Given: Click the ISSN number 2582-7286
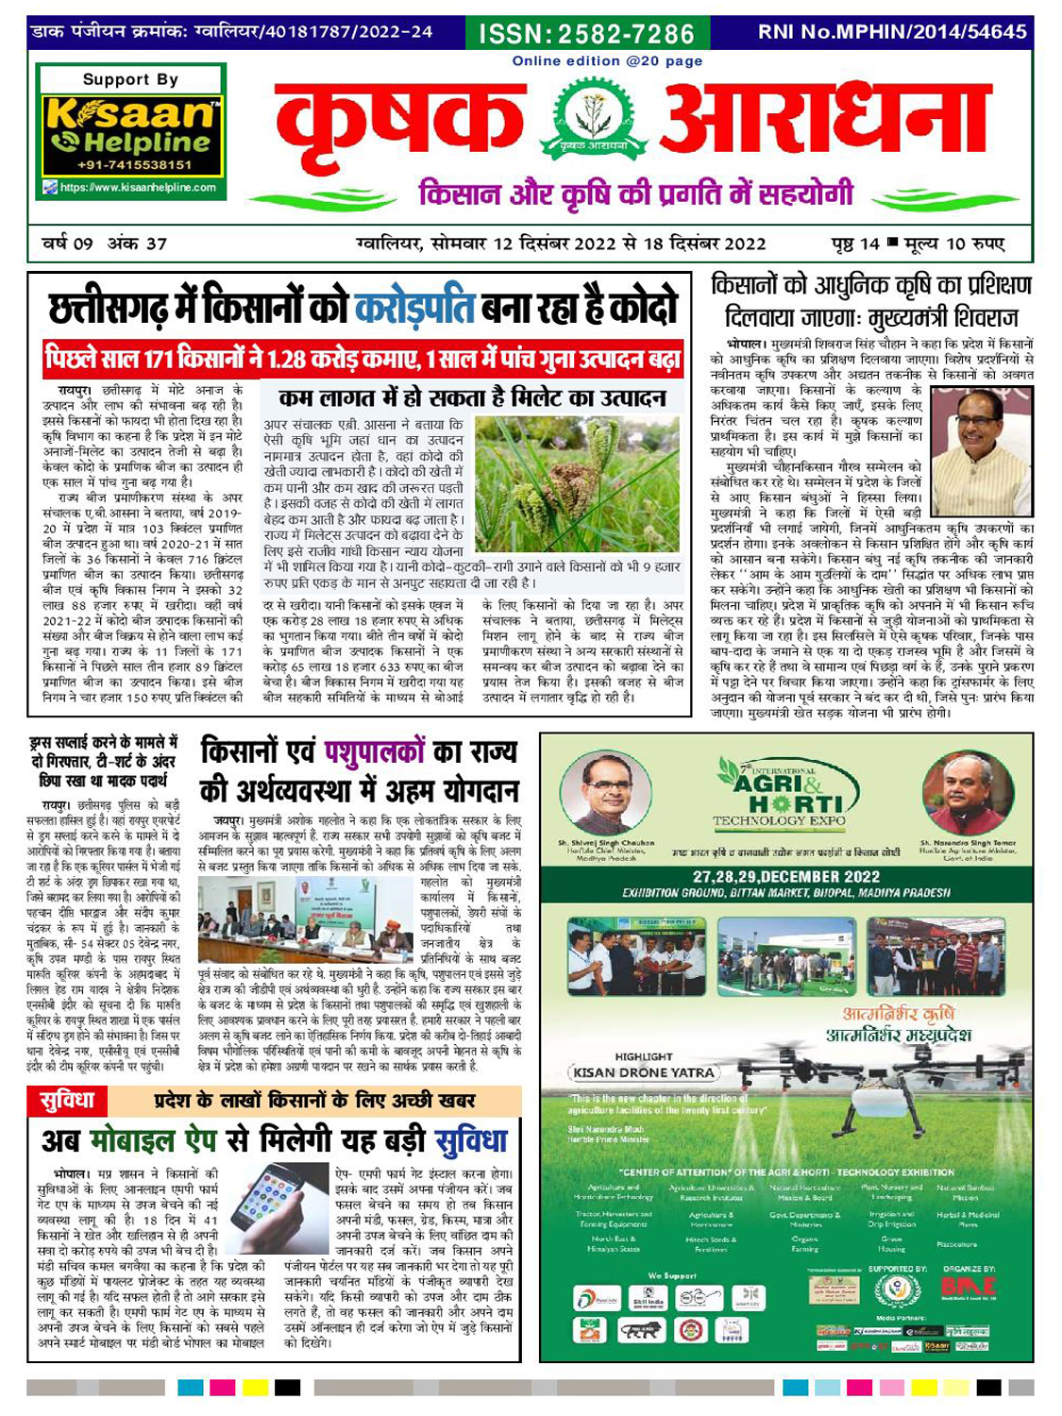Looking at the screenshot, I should pos(586,34).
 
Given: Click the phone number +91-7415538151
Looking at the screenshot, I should pos(130,165).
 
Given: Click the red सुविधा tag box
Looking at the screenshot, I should pos(67,1101).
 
